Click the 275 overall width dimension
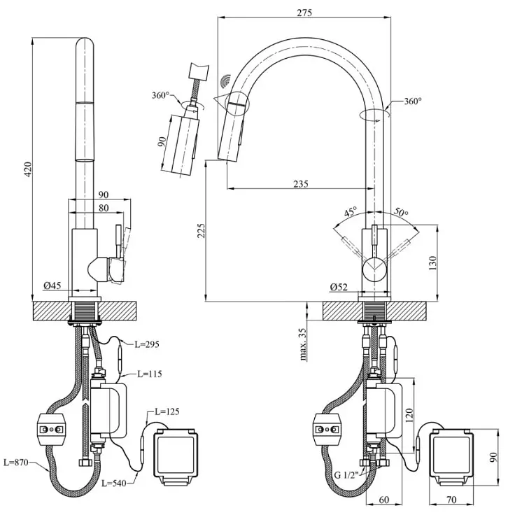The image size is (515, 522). pos(304,13)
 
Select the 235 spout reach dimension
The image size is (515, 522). pos(301,184)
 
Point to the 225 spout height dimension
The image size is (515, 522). pos(201,230)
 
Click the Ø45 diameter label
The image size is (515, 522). pos(52,285)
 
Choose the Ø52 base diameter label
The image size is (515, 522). pos(339,287)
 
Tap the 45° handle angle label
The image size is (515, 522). pos(350,212)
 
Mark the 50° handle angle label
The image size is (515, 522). pos(401,212)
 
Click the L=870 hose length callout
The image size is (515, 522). pos(16,462)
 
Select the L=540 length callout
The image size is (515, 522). pos(114,482)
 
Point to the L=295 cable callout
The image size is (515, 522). pos(147,344)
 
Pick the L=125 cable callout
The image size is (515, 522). pos(167,411)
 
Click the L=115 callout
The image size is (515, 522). pos(150,374)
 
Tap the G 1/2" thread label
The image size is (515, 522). pos(346,474)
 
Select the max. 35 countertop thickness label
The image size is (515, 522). pos(302,344)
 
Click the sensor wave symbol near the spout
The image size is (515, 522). pos(226,82)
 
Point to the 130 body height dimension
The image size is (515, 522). pos(432,263)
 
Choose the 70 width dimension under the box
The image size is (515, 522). pos(451,500)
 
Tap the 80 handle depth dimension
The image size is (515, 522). pos(104,208)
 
